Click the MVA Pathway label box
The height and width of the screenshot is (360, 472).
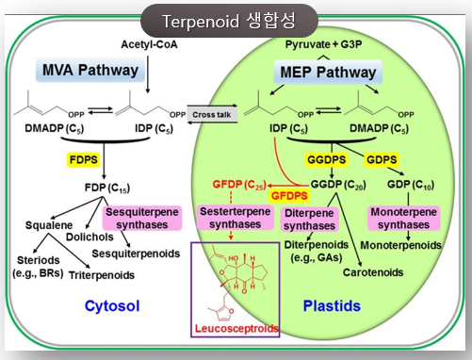[x=90, y=70]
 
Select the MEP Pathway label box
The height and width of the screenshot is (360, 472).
[x=328, y=73]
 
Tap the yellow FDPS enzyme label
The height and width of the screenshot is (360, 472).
[x=83, y=159]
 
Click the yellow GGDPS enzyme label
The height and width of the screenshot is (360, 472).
[x=326, y=159]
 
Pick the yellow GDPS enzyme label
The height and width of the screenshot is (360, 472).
[x=382, y=159]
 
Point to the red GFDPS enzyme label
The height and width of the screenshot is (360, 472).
[x=289, y=196]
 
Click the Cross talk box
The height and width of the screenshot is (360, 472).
[x=212, y=115]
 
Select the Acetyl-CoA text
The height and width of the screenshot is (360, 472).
[x=149, y=44]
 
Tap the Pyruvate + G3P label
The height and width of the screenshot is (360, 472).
[x=323, y=44]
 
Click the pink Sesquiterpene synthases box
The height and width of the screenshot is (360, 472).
[x=142, y=219]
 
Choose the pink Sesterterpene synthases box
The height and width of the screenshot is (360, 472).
[x=236, y=218]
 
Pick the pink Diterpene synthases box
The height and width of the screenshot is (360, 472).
[x=309, y=220]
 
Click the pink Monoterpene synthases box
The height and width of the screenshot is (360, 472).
[x=403, y=219]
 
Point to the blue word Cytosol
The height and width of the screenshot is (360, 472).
[x=112, y=306]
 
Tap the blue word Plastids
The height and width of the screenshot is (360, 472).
[x=332, y=306]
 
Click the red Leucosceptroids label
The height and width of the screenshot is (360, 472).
[x=236, y=329]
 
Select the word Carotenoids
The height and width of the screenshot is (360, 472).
[x=373, y=272]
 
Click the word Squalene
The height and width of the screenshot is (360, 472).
[x=49, y=225]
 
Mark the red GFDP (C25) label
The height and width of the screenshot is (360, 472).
[x=239, y=185]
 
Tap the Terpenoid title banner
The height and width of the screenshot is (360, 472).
[x=229, y=21]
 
